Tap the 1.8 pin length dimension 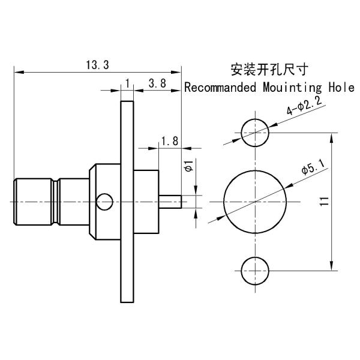pyautogui.click(x=170, y=142)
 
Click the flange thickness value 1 pyautogui.click(x=127, y=83)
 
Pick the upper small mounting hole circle pyautogui.click(x=255, y=131)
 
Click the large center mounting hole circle pyautogui.click(x=255, y=201)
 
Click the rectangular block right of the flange pyautogui.click(x=145, y=201)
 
